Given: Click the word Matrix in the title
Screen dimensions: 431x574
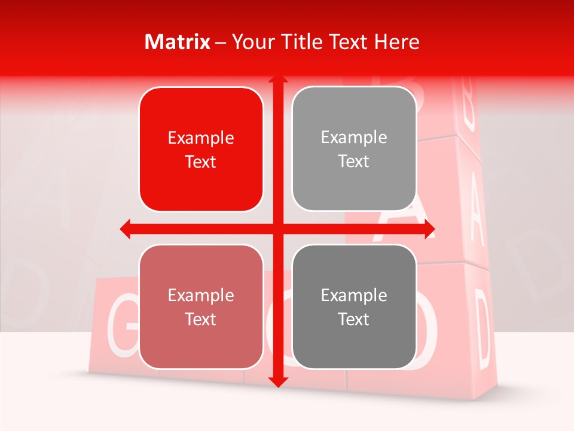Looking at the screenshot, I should coord(178,42).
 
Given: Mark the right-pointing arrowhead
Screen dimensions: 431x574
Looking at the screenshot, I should coord(429,229).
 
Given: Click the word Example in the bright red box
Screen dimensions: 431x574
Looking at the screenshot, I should coord(201,138).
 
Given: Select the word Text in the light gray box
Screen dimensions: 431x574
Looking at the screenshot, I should coord(354,162).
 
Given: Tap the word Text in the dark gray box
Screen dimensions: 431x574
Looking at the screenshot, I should coord(354,319).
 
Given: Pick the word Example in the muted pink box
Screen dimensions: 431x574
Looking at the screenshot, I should coord(201,296).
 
